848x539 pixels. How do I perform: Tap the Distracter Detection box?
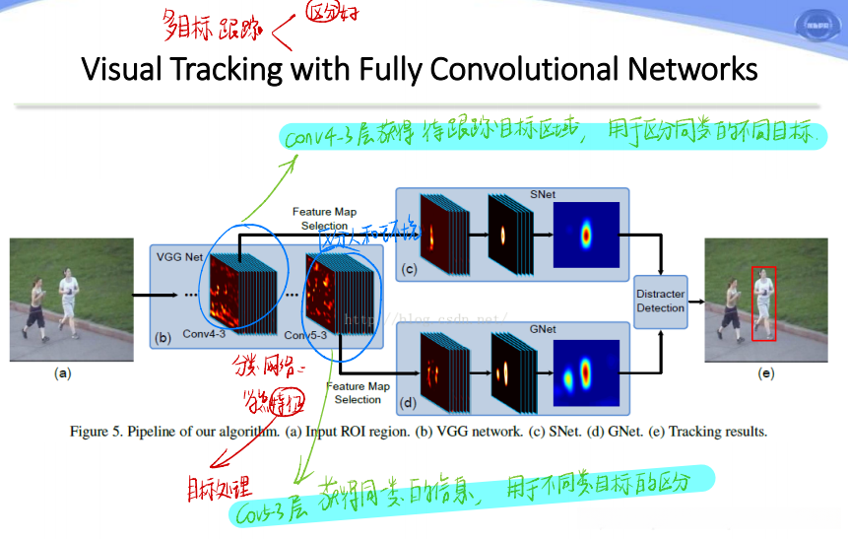[x=660, y=301]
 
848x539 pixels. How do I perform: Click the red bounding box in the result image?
[x=763, y=303]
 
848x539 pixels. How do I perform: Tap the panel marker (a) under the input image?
[x=64, y=373]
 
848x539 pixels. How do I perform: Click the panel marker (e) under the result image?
[x=765, y=373]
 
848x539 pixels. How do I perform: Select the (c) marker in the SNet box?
[x=409, y=268]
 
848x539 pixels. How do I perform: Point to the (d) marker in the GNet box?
[x=409, y=403]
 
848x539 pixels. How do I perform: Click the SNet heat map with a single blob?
[x=586, y=236]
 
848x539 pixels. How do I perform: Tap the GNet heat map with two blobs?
[x=586, y=373]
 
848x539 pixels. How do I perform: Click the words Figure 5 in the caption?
[x=98, y=432]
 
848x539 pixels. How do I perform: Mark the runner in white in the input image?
[x=67, y=296]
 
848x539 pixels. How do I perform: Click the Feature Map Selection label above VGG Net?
[x=324, y=219]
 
